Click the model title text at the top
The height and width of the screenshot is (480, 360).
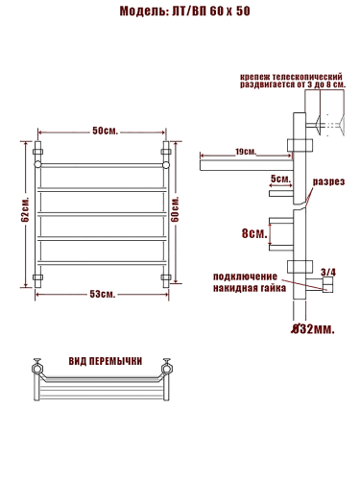180,12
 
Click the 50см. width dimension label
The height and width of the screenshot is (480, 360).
106,131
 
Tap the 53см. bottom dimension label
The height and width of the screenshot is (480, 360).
103,294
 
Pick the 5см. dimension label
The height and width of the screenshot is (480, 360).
280,179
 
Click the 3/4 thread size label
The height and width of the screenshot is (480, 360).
327,273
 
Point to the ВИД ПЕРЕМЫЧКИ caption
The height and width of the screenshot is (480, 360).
106,361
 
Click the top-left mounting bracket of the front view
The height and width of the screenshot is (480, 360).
38,151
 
